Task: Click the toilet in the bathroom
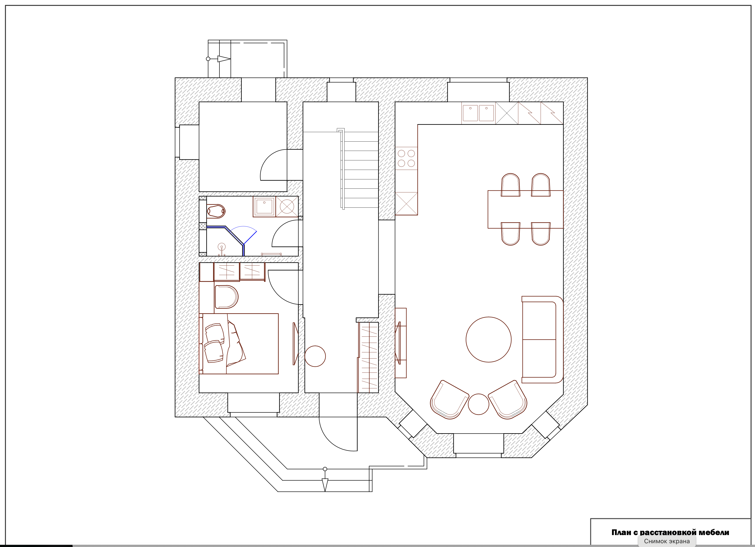tap(216, 211)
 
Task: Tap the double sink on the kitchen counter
tap(478, 113)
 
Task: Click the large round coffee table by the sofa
tap(488, 339)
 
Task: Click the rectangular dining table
tap(525, 209)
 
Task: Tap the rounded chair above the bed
tap(226, 297)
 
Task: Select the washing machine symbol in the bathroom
tap(287, 207)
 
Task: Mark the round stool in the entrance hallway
tap(315, 356)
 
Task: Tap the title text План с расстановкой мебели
tap(670, 532)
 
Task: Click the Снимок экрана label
tap(667, 541)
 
